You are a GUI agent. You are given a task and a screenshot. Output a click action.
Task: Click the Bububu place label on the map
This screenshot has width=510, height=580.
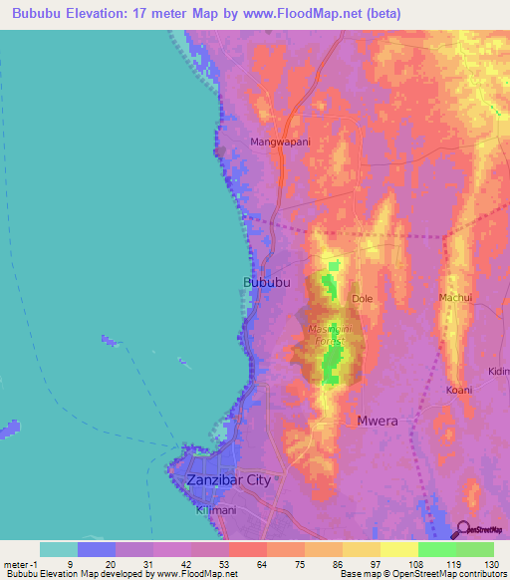click(x=266, y=283)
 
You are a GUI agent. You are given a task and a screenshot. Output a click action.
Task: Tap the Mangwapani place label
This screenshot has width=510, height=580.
click(x=281, y=142)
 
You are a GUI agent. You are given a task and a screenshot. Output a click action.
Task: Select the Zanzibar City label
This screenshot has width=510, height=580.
click(x=228, y=480)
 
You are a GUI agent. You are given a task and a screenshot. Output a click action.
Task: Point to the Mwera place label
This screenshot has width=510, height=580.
click(x=378, y=421)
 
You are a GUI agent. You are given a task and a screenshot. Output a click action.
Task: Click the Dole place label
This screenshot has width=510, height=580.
click(x=362, y=298)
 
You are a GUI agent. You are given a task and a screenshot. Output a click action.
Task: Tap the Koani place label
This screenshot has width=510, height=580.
click(x=458, y=389)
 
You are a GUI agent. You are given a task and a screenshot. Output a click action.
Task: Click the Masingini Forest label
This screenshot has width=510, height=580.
click(x=326, y=335)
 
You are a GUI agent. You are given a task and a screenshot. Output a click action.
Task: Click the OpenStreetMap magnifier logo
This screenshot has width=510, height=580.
click(x=463, y=531)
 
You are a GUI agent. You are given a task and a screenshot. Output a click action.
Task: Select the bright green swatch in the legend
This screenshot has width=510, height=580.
click(x=436, y=549)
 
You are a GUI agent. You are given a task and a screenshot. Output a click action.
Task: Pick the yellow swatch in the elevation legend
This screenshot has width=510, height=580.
click(x=398, y=549)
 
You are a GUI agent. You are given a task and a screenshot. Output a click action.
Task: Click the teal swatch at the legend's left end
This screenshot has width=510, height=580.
click(x=59, y=549)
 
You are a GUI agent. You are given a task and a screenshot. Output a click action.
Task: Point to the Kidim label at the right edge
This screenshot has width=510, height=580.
click(x=498, y=372)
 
